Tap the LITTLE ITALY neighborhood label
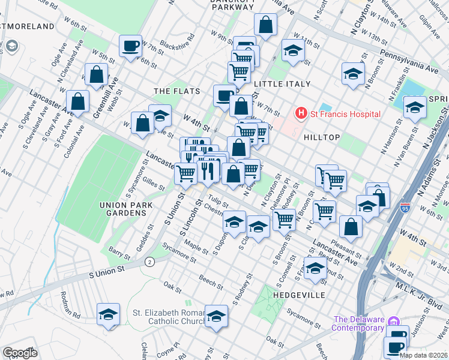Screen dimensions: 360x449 tap(282, 84)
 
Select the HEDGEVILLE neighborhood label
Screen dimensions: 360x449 tap(299, 295)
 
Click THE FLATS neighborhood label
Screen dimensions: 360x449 tap(175, 91)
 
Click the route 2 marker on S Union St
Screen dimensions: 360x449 tap(148, 262)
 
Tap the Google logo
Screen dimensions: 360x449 tap(20, 353)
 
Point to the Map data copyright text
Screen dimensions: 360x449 tap(423, 355)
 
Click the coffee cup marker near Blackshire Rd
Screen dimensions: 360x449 tap(130, 46)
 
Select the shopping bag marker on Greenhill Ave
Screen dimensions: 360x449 tap(96, 75)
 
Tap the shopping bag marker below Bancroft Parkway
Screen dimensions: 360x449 tap(265, 25)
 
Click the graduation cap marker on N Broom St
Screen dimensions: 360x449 tap(353, 74)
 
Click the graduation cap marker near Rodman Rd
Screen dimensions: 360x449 tap(108, 314)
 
